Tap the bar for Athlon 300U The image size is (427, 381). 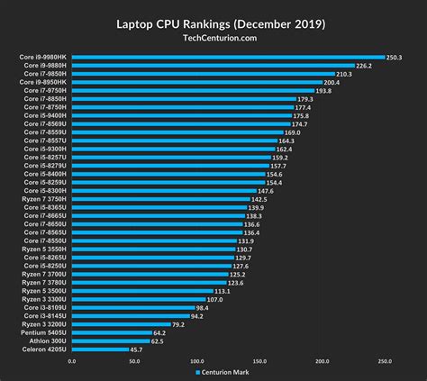click(x=110, y=341)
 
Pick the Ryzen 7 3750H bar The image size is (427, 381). click(x=159, y=199)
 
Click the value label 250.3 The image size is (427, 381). click(x=394, y=58)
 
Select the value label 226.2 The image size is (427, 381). click(x=364, y=66)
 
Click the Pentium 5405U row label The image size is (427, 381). click(x=43, y=333)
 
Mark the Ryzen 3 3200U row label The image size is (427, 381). click(x=43, y=324)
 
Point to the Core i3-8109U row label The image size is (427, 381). click(x=45, y=308)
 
